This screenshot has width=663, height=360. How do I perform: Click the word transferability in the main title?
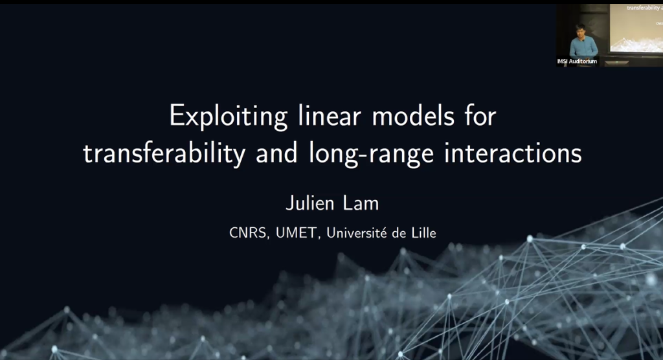[x=165, y=155]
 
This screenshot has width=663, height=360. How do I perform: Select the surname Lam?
[x=363, y=204]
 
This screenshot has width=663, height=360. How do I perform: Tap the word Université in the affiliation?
[x=359, y=232]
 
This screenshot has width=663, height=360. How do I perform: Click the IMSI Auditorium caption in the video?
[x=578, y=62]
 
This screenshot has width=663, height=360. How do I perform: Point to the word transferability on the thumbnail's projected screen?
[x=644, y=8]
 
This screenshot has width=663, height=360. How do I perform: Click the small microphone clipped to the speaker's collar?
[x=582, y=39]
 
